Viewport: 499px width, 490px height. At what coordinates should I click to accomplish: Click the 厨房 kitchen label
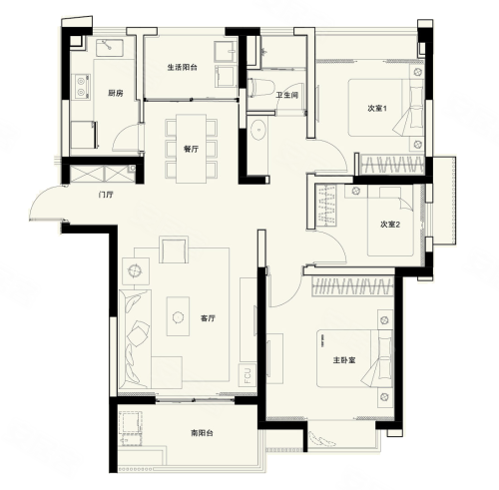click(x=116, y=93)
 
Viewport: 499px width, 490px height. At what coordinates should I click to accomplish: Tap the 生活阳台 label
click(x=182, y=67)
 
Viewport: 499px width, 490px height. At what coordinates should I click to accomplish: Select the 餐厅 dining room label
click(x=192, y=149)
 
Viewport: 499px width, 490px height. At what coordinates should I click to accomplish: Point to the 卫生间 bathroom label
click(x=287, y=96)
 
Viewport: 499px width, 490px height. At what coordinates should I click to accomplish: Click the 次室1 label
click(x=377, y=108)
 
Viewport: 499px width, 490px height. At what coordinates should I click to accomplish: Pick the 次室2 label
click(x=390, y=225)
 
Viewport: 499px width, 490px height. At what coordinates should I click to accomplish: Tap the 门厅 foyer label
click(x=106, y=195)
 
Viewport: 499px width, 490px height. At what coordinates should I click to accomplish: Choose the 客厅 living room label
click(x=208, y=318)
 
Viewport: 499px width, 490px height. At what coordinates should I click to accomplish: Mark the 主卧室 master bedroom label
click(x=344, y=360)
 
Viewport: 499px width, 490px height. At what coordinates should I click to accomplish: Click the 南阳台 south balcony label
click(x=202, y=433)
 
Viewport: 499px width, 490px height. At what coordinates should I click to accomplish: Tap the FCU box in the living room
click(x=248, y=375)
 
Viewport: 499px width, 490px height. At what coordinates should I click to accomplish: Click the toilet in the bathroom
click(x=260, y=88)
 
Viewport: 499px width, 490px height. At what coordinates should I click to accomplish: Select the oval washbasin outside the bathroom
click(x=257, y=130)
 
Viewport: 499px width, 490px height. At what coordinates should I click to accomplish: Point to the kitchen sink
click(x=110, y=48)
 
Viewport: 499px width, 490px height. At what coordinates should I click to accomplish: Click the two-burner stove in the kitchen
click(x=81, y=86)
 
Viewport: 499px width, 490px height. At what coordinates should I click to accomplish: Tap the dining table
click(x=191, y=149)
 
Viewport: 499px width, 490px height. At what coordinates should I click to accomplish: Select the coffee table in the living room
click(x=178, y=316)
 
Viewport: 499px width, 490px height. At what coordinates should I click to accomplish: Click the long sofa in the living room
click(x=135, y=338)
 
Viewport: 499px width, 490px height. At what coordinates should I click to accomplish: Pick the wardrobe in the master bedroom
click(x=352, y=286)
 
